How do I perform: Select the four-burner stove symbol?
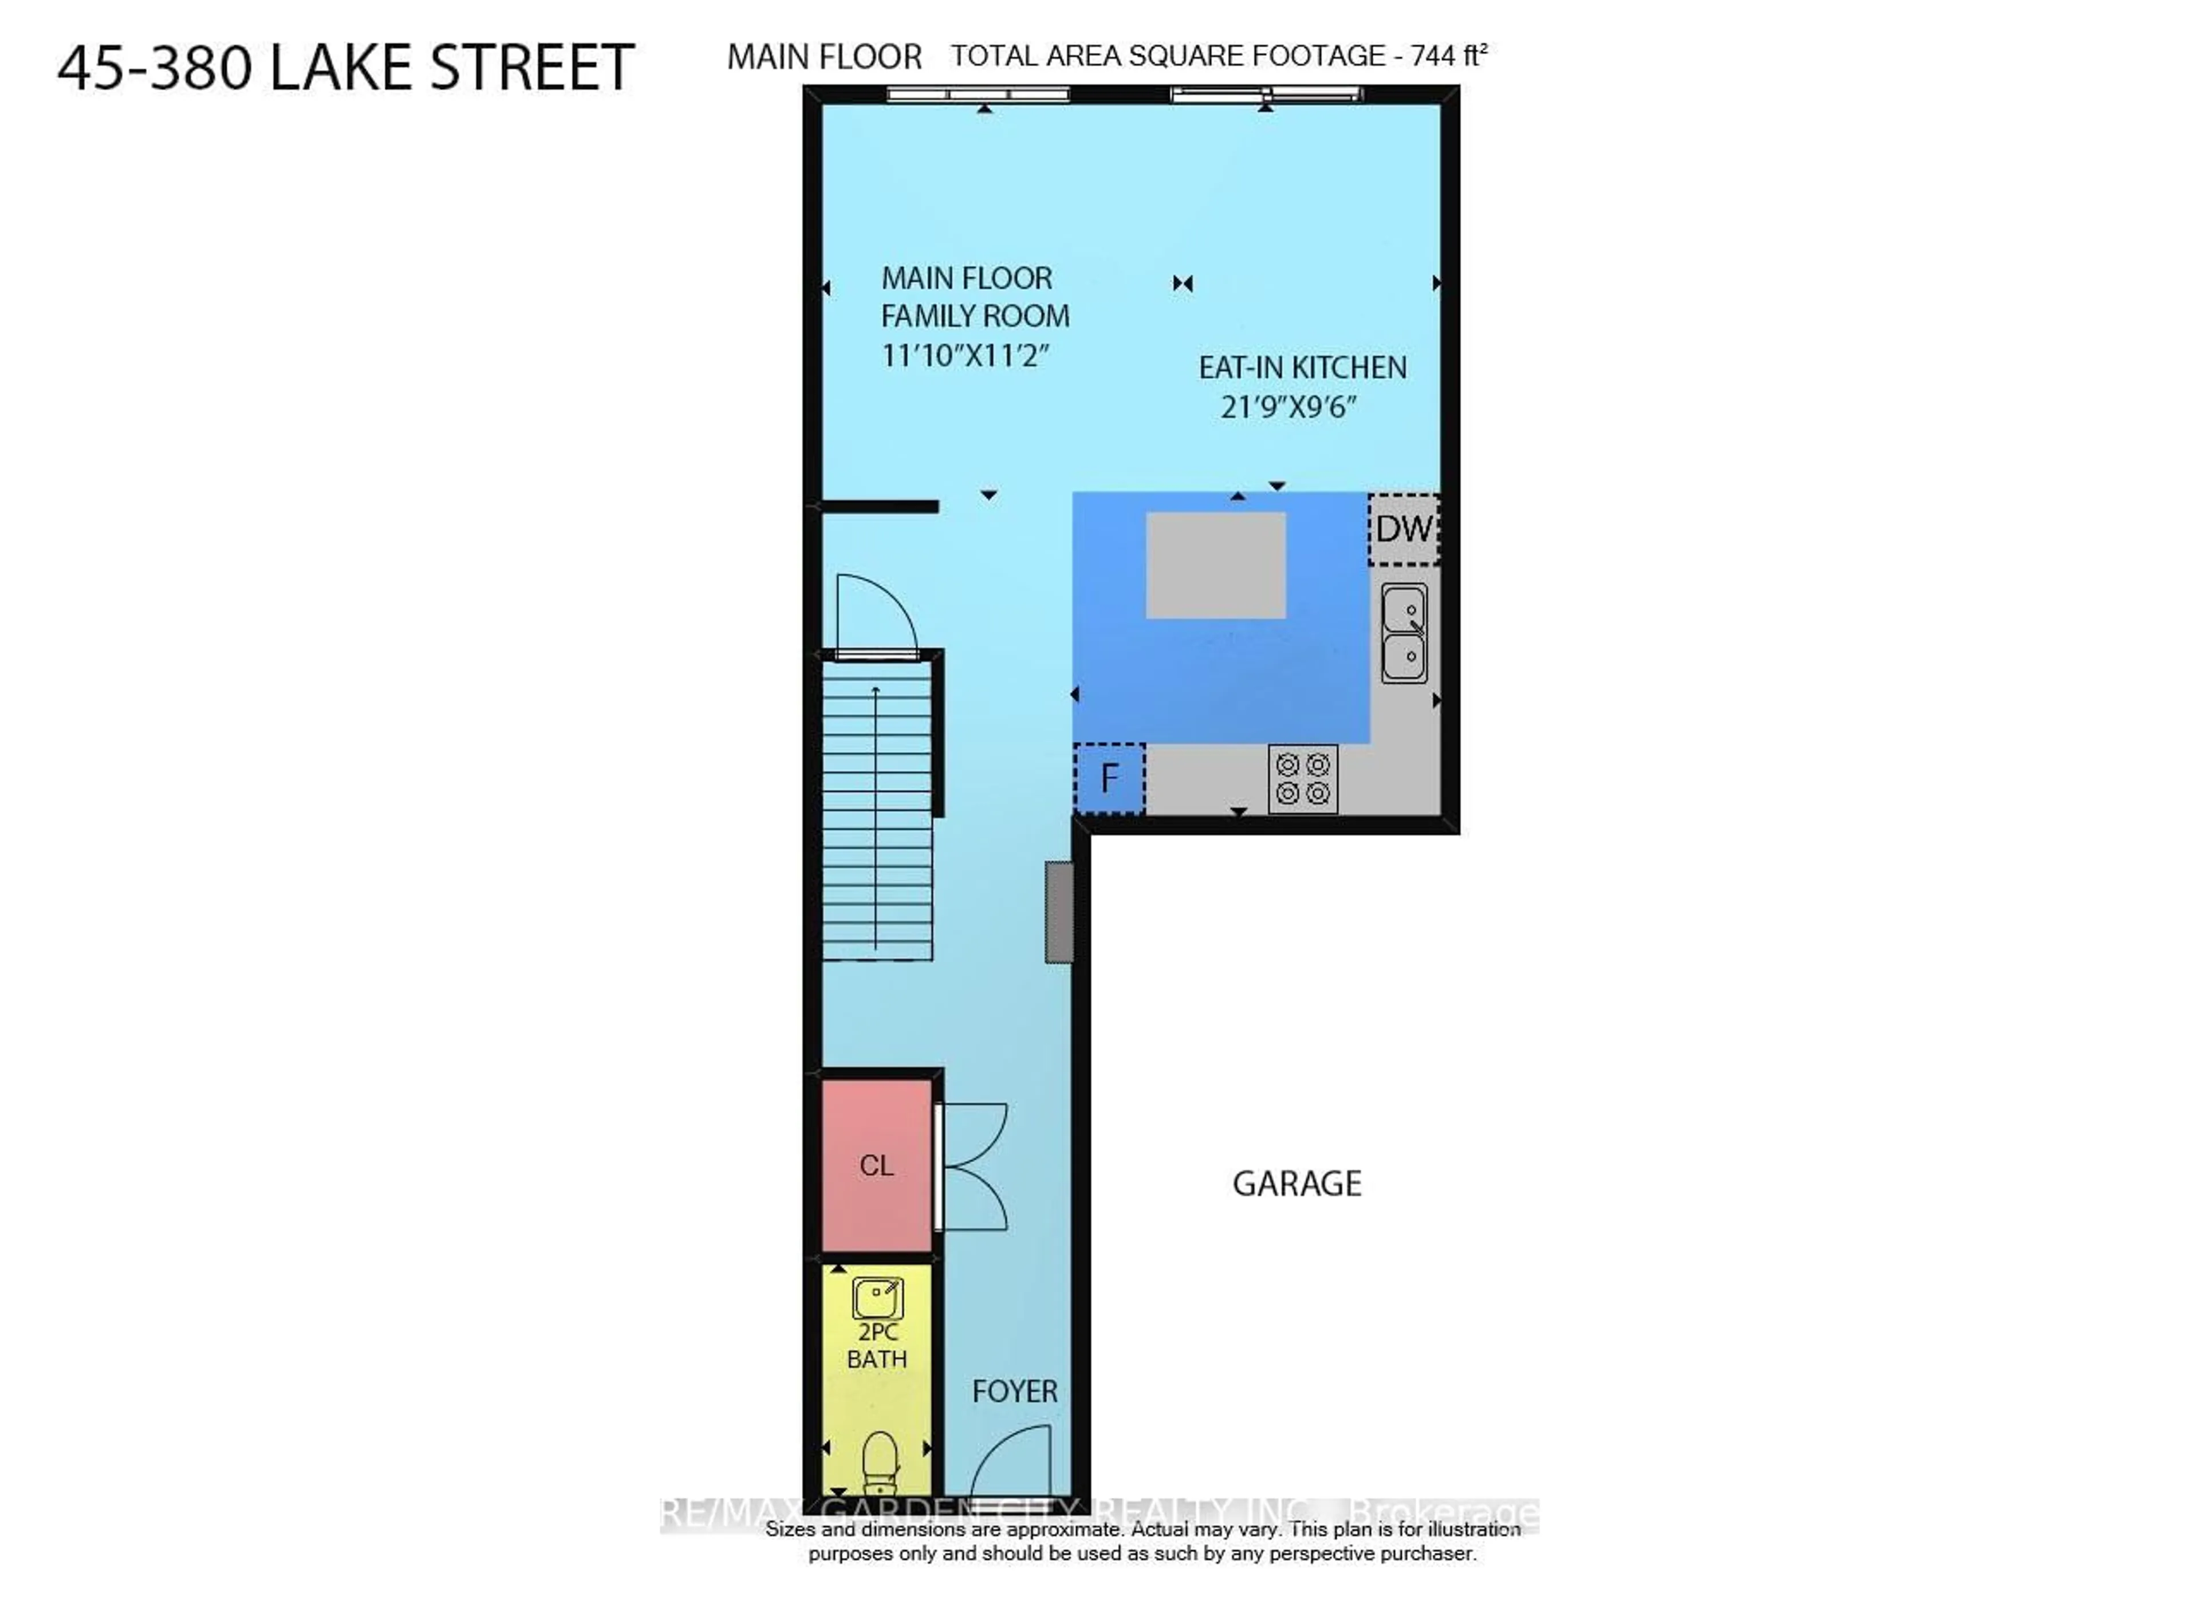point(1302,779)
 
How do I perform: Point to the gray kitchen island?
point(1215,565)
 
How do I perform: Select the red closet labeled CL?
point(876,1165)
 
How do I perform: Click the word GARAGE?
point(1296,1184)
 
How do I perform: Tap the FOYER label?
point(1014,1390)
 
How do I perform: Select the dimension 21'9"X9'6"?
point(1287,406)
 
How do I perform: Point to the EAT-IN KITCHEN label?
point(1302,368)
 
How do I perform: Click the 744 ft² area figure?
point(1448,56)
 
